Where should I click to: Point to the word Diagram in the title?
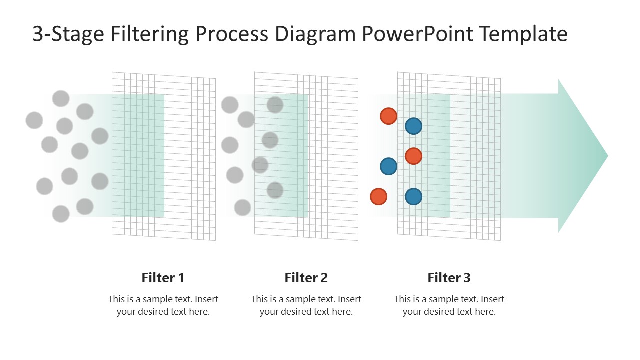[316, 34]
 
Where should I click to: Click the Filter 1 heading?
[163, 278]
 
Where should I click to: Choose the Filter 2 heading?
[306, 278]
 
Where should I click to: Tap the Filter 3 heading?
[449, 278]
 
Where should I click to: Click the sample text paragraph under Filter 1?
[163, 305]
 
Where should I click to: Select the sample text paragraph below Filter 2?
[306, 305]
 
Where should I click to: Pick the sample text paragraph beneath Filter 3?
[449, 305]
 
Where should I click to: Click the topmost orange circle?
[388, 116]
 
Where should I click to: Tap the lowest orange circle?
[378, 196]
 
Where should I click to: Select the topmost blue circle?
[413, 126]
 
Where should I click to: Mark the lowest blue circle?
[413, 196]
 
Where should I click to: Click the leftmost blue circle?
[388, 166]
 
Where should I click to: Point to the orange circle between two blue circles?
[413, 156]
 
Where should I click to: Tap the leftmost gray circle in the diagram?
[34, 120]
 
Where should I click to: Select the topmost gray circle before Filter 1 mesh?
[61, 99]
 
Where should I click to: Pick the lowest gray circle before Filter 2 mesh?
[242, 207]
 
